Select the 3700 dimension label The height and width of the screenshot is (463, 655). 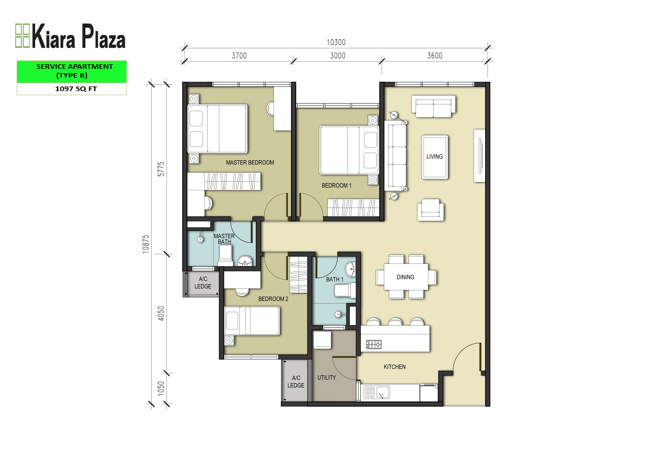pos(239,56)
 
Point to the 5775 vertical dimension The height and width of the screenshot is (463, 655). pos(161,169)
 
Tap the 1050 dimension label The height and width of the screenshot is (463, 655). pos(161,388)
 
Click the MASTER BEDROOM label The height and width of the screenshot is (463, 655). pos(250,163)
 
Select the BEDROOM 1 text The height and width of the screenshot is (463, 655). pos(337,185)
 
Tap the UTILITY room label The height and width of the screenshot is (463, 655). pos(327,377)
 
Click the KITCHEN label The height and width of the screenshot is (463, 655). pos(395,367)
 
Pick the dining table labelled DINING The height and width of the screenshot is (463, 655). pos(406,277)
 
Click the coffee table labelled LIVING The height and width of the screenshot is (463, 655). pos(435,157)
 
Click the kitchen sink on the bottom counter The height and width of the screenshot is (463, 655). pos(377,392)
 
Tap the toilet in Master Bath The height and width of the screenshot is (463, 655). pos(225,255)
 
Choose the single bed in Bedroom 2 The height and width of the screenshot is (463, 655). pos(252,321)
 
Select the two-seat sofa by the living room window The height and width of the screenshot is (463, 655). pos(433,106)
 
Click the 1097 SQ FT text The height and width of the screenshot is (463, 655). pos(76,89)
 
